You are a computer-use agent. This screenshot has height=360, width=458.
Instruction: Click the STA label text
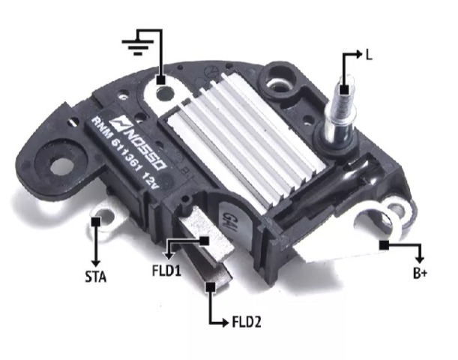[x=96, y=277]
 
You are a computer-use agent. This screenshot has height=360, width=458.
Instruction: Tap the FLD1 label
[x=166, y=270]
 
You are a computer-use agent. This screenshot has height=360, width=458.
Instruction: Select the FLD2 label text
[x=247, y=322]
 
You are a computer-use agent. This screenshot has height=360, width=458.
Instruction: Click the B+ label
[x=420, y=273]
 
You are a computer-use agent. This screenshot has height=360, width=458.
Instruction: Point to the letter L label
[x=370, y=55]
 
